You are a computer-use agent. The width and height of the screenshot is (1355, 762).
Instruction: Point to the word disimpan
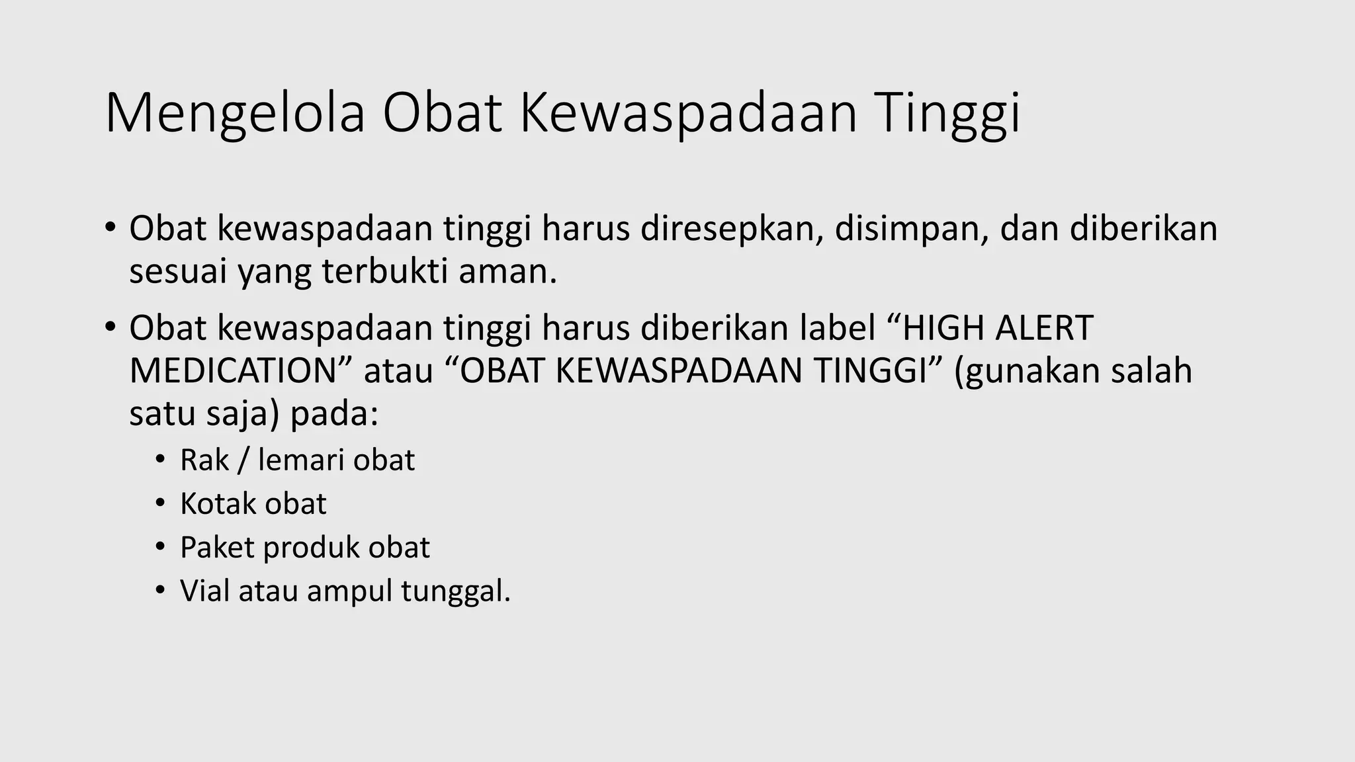coord(911,229)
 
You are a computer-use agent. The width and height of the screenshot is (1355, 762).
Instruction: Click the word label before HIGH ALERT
coord(838,328)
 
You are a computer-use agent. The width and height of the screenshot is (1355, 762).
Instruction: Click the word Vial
coord(204,591)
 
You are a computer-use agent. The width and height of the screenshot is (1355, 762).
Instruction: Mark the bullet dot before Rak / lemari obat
coord(159,460)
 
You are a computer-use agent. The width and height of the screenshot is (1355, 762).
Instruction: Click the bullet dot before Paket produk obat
coord(159,548)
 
